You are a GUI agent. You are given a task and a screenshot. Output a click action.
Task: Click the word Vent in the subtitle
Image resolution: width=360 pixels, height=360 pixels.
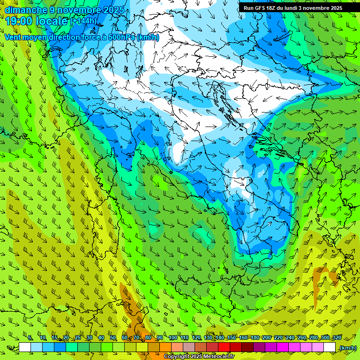pyautogui.click(x=13, y=37)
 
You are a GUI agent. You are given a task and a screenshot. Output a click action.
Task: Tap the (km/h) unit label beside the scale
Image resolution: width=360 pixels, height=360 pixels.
pyautogui.click(x=347, y=348)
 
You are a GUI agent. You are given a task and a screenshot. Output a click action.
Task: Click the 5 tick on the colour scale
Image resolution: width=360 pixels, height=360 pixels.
pyautogui.click(x=30, y=338)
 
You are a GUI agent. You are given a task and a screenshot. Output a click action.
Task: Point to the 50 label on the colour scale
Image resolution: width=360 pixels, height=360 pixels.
pyautogui.click(x=113, y=338)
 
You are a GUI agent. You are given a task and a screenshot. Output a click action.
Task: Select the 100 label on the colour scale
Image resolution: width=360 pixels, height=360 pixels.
pyautogui.click(x=172, y=338)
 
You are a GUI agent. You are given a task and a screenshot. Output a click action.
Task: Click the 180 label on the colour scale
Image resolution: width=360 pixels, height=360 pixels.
pyautogui.click(x=255, y=338)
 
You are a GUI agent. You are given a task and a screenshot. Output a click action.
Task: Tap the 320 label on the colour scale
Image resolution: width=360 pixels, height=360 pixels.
pyautogui.click(x=337, y=338)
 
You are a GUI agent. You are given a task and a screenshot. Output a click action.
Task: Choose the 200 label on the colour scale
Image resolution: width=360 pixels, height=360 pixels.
pyautogui.click(x=266, y=338)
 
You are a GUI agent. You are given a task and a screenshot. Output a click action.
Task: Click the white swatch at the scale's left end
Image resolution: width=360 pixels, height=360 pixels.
pyautogui.click(x=25, y=347)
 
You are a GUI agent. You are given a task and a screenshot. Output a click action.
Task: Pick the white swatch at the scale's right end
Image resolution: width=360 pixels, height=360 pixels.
pyautogui.click(x=330, y=347)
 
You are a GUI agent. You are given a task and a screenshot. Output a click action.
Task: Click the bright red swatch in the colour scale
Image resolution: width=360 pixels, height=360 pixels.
pyautogui.click(x=224, y=347)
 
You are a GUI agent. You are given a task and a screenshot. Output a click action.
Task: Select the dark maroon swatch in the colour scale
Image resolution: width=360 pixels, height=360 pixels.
pyautogui.click(x=247, y=347)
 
